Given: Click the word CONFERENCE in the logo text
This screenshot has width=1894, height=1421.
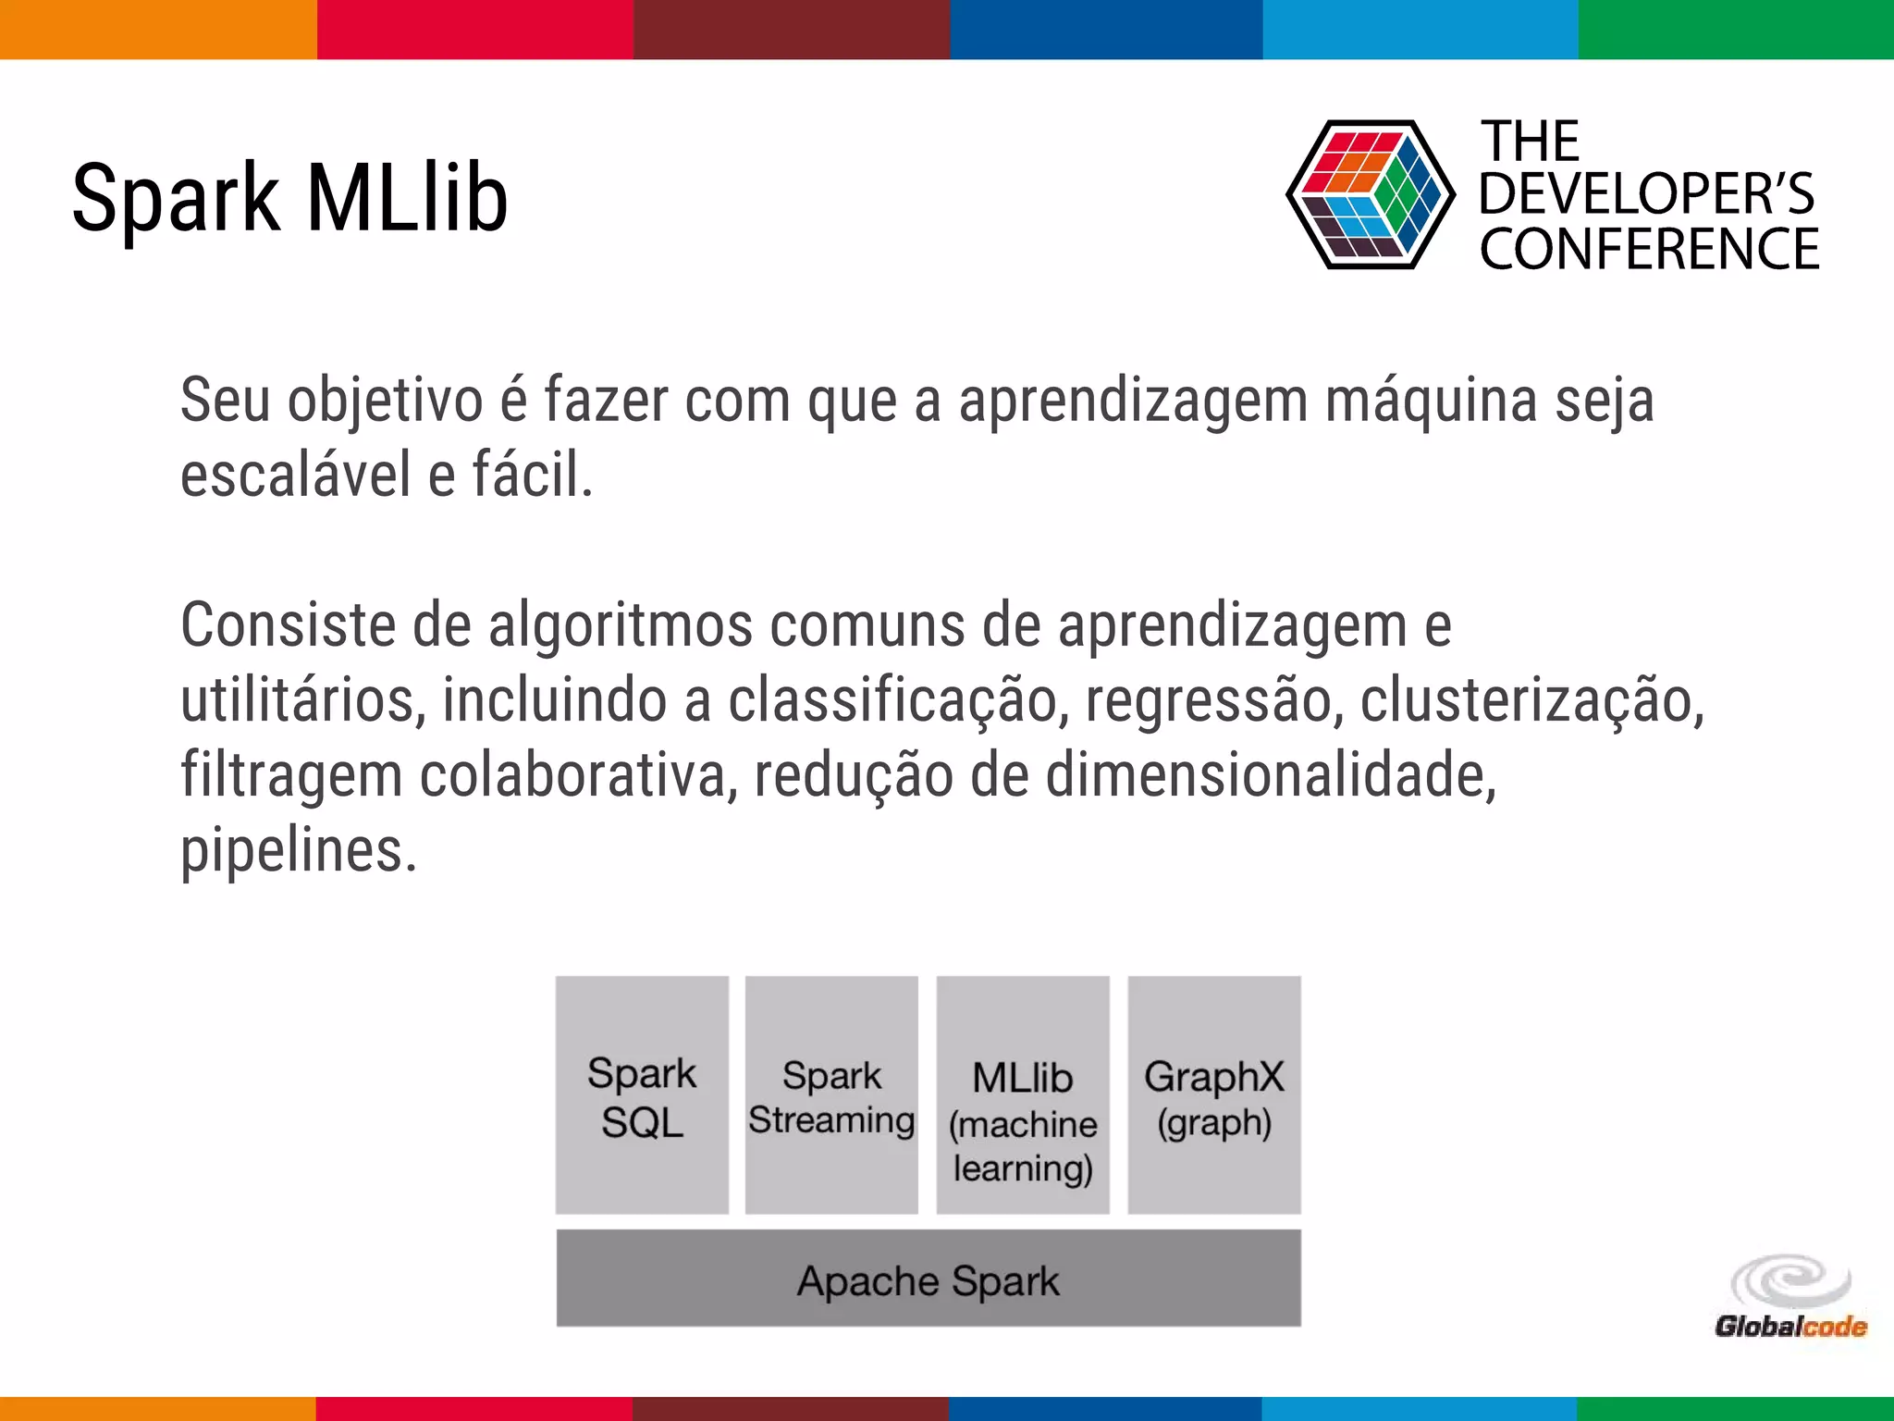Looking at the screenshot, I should tap(1649, 250).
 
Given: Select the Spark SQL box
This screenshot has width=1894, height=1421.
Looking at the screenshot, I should tap(642, 1095).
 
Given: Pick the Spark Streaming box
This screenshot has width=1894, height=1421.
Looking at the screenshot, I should tap(831, 1095).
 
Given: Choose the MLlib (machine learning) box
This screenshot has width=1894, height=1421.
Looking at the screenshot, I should tap(1023, 1095).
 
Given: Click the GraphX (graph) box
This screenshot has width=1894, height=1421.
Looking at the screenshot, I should tap(1213, 1095).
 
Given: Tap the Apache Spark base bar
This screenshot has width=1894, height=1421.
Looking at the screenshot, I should tap(929, 1279).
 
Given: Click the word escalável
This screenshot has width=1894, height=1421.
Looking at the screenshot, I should tap(295, 476).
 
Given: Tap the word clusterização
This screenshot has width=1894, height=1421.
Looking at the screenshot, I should tap(1531, 700).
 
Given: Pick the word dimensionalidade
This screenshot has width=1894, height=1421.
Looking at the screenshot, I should tap(1270, 775).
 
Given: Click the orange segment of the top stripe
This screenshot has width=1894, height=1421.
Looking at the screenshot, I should tap(158, 29).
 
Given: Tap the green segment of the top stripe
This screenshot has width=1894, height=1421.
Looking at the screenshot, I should tap(1736, 29).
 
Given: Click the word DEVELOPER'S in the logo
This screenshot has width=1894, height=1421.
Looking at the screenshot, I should tap(1646, 194).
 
